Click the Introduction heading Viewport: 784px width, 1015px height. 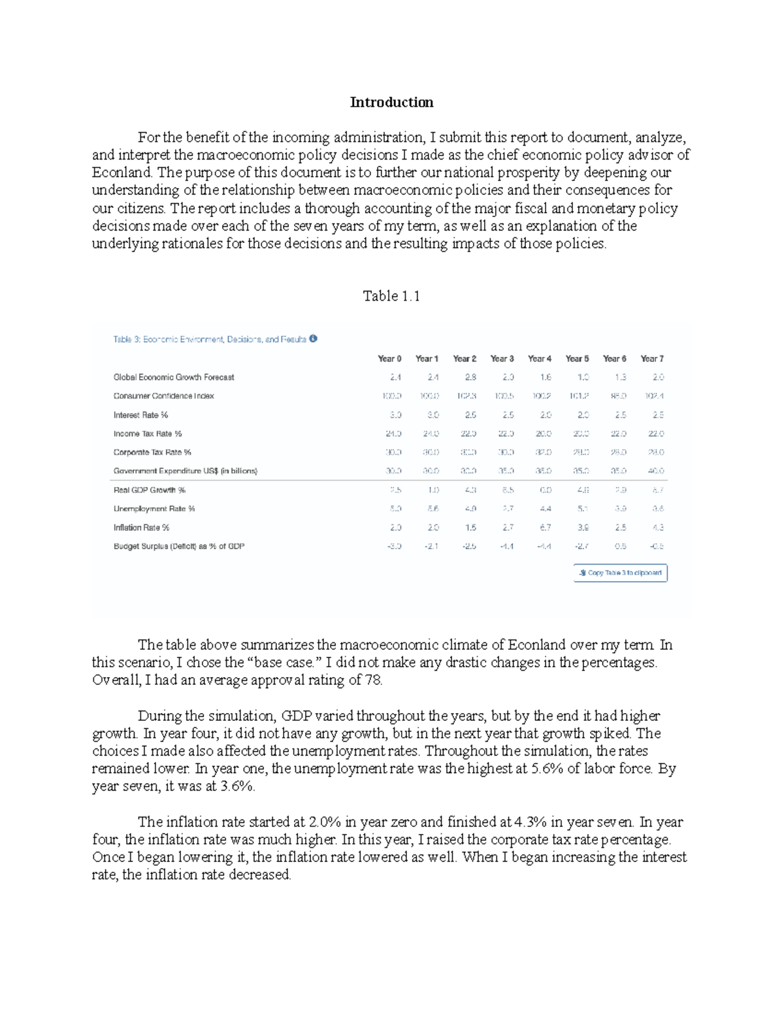click(x=391, y=102)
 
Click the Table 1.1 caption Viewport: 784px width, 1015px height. click(x=391, y=296)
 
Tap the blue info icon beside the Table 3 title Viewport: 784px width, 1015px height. click(x=314, y=339)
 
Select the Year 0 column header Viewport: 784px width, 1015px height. click(x=389, y=358)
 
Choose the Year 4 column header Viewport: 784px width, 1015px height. click(x=540, y=358)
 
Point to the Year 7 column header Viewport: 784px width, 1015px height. click(x=652, y=358)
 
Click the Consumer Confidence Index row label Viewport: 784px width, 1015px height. click(x=163, y=396)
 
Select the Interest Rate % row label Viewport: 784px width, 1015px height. click(x=140, y=415)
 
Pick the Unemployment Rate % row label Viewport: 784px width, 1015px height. click(x=154, y=508)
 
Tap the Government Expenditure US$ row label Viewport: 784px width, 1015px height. click(x=185, y=471)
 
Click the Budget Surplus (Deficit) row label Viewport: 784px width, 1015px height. click(x=178, y=546)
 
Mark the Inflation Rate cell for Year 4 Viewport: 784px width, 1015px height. click(x=546, y=527)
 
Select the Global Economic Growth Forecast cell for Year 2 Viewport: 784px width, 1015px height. click(x=470, y=377)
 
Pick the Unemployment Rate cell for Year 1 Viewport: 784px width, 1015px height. click(x=433, y=508)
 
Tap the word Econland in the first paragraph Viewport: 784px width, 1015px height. click(x=122, y=173)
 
